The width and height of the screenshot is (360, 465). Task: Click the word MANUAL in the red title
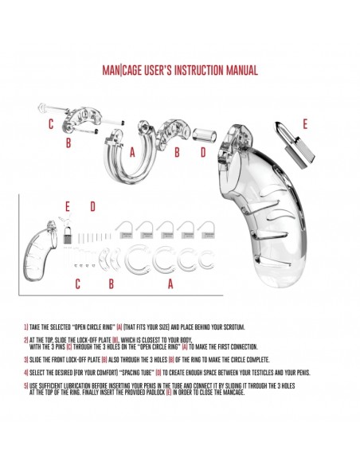click(241, 70)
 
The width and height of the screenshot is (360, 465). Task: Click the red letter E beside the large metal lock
click(305, 124)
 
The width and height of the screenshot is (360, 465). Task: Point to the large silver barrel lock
click(295, 143)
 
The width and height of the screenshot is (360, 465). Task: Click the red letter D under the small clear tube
click(203, 152)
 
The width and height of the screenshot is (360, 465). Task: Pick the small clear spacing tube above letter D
click(205, 135)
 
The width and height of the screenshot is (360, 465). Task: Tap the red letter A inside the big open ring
click(132, 152)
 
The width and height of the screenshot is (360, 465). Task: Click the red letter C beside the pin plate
click(51, 124)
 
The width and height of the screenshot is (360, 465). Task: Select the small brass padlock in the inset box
click(68, 235)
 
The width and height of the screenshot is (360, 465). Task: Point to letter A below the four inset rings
click(170, 283)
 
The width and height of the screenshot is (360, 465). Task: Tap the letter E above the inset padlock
click(68, 206)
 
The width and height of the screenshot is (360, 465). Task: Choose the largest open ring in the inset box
click(129, 260)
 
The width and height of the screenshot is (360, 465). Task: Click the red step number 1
click(25, 327)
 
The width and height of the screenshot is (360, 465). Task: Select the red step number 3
click(25, 360)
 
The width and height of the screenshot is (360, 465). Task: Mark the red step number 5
click(25, 386)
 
